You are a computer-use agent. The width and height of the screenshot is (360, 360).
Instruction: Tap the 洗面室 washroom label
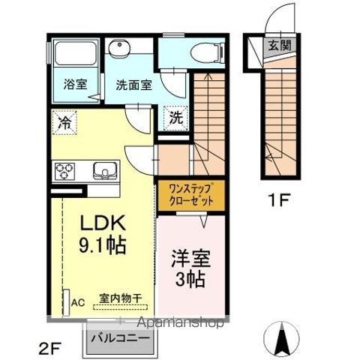[133, 85]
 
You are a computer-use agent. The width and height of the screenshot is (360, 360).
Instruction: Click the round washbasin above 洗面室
[120, 49]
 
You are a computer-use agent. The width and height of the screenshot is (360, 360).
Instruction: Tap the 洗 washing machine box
[174, 118]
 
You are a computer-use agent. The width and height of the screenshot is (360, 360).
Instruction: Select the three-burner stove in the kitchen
[65, 170]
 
